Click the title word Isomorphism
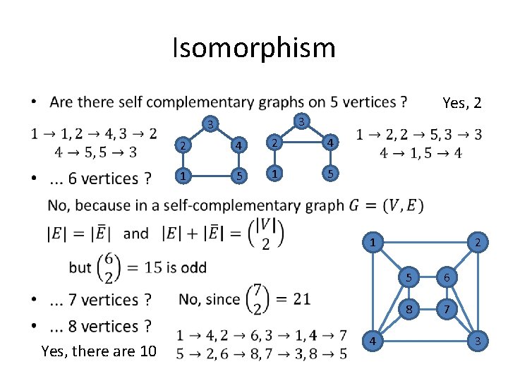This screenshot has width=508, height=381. [x=254, y=48]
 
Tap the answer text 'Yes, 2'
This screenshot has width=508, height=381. [x=461, y=103]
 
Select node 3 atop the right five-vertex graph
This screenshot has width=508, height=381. [x=301, y=121]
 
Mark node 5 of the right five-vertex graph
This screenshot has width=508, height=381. [x=327, y=172]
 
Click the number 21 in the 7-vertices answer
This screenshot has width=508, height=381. [x=301, y=298]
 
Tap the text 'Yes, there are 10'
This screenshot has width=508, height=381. [x=99, y=351]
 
